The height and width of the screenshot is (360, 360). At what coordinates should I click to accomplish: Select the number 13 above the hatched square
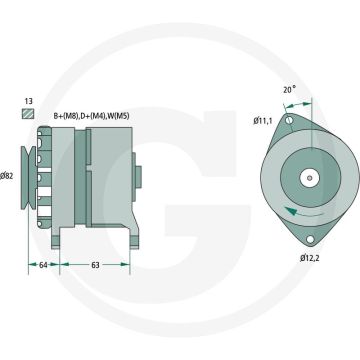tap(29, 102)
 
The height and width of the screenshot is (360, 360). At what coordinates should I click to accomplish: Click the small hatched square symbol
tap(29, 116)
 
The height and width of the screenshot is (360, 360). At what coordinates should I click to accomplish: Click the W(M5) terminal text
tap(117, 116)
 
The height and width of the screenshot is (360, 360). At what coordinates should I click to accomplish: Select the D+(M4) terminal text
tap(88, 116)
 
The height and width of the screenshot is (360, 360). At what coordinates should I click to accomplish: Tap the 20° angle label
tap(289, 90)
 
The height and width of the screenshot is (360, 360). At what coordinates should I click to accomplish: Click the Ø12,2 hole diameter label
tap(312, 258)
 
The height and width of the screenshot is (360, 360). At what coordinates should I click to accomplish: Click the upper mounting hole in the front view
tap(290, 121)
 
